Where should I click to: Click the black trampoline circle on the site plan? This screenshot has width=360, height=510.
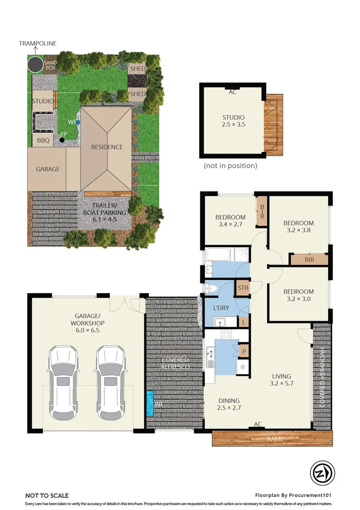coord(35,64)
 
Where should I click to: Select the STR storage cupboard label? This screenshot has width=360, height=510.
coord(243,288)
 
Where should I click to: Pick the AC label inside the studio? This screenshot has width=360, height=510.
coord(232,92)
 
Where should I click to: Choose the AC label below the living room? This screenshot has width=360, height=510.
coord(258,424)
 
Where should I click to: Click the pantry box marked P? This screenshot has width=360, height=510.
coord(244,352)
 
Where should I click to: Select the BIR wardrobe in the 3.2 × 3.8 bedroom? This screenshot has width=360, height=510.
coord(309,260)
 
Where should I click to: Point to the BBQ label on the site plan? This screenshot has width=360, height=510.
coord(43,140)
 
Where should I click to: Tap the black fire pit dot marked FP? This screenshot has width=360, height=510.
coord(62,140)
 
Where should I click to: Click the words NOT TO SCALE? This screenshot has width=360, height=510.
coord(47,495)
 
